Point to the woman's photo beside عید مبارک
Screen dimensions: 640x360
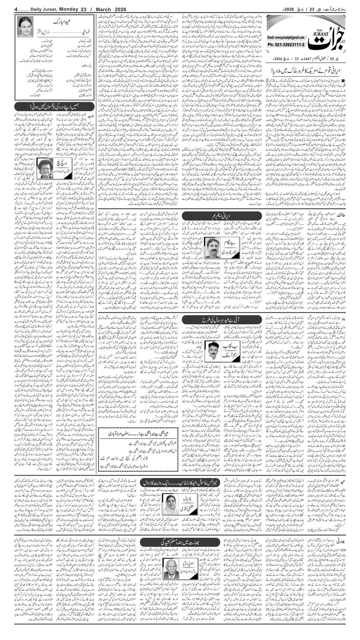click(26, 27)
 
